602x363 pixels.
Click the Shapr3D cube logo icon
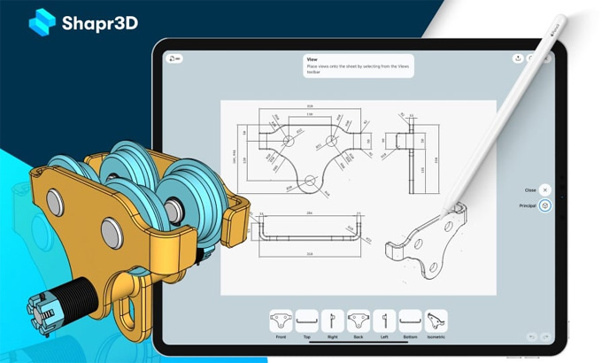point(42,22)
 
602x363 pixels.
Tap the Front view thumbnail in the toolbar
point(281,320)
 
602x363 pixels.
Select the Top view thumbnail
point(306,320)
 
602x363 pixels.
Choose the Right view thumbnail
point(332,320)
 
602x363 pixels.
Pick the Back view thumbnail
point(359,320)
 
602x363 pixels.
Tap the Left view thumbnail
point(384,320)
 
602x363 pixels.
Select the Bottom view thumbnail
point(410,320)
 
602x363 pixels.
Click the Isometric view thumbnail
point(436,320)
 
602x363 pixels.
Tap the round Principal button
point(545,205)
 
